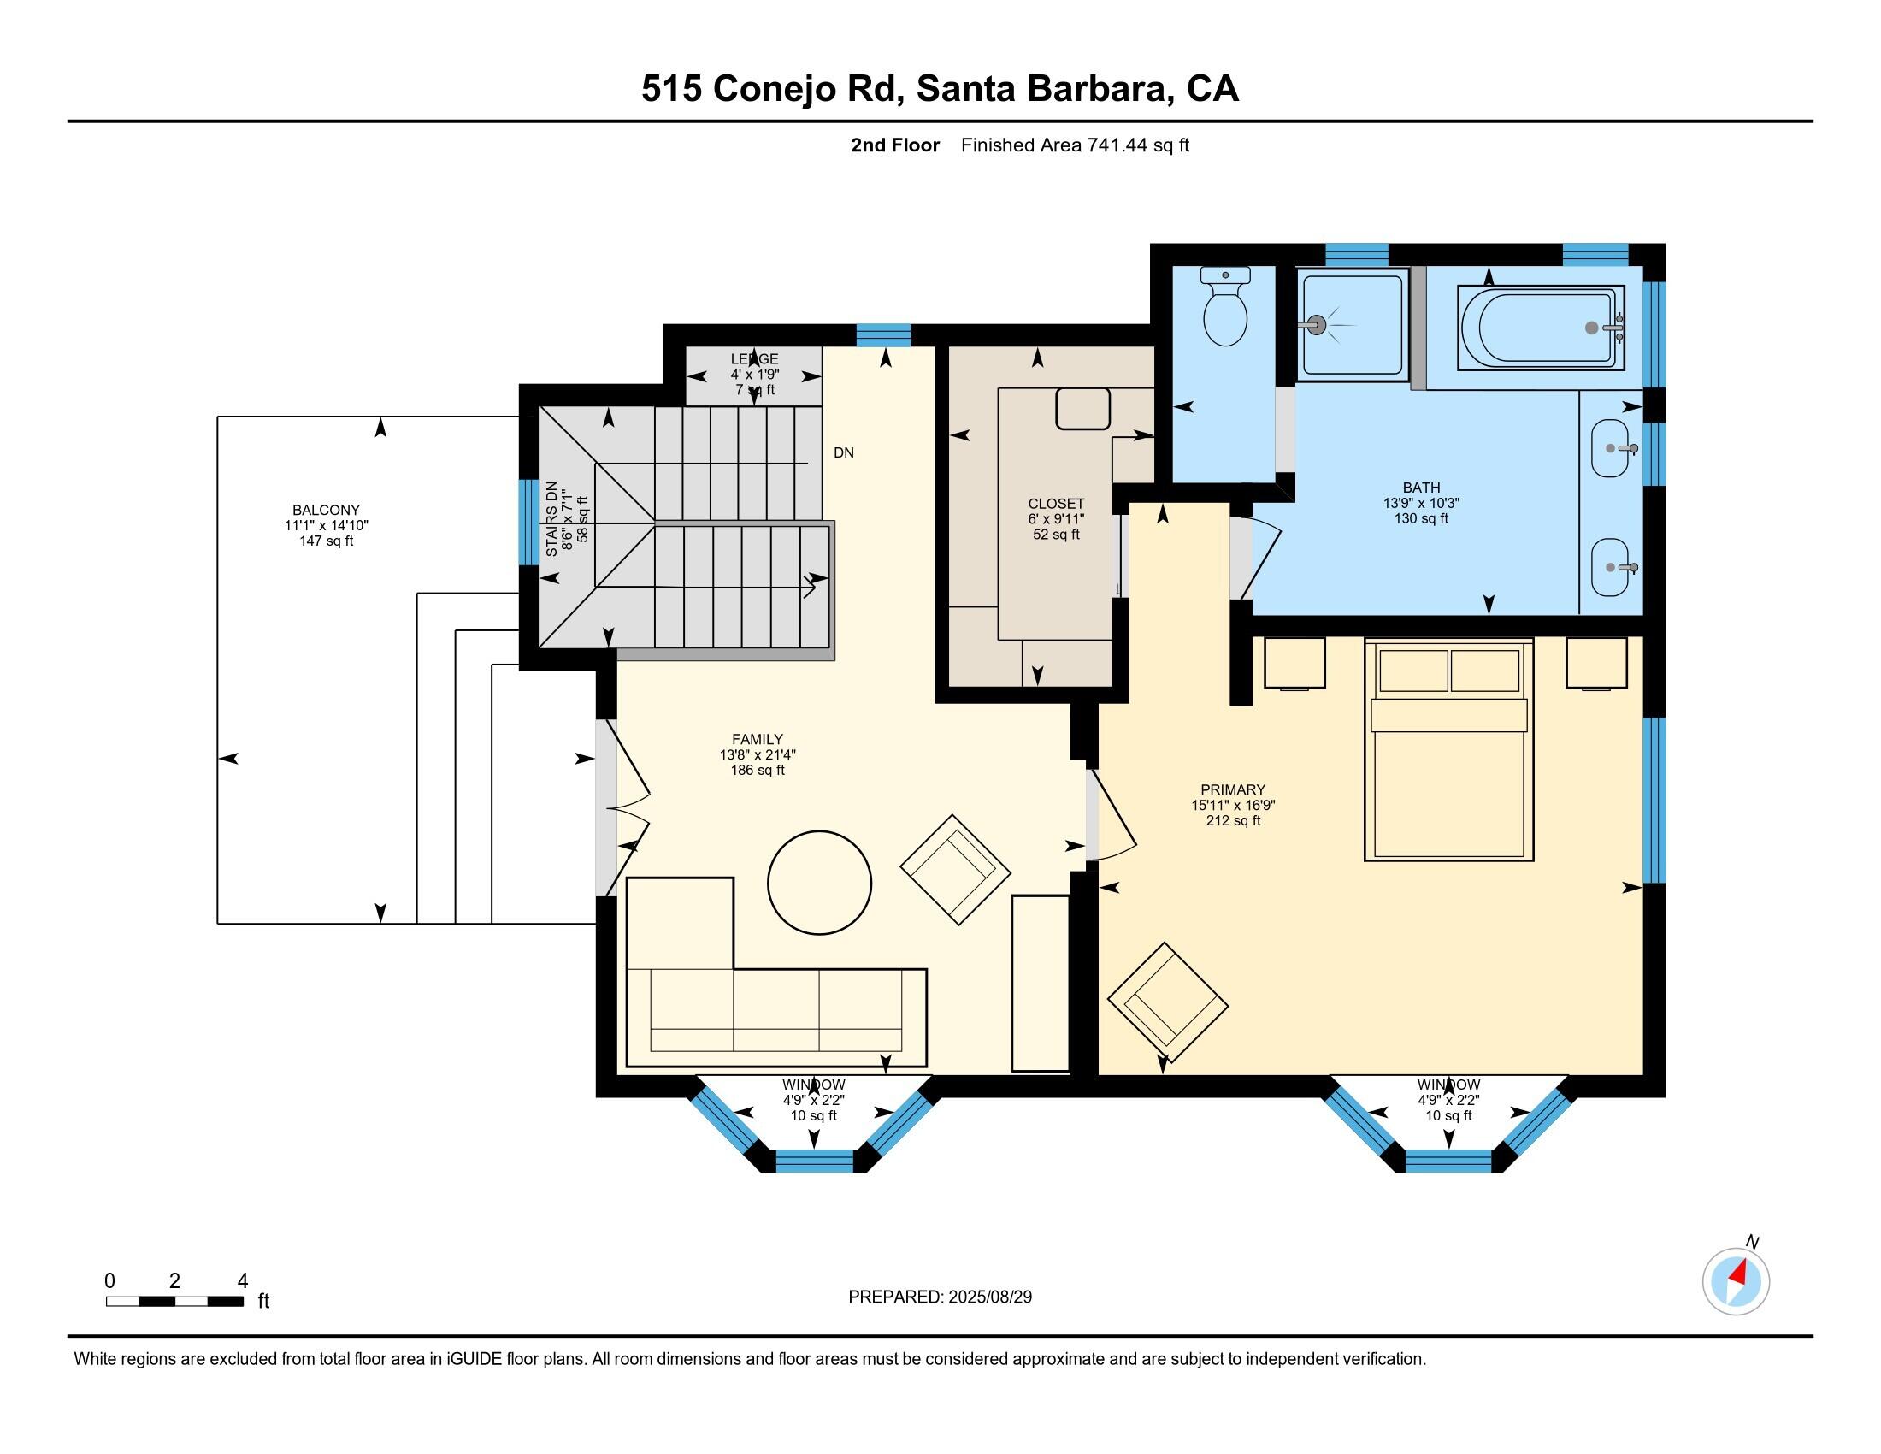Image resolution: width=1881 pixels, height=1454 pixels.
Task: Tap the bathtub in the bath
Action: pyautogui.click(x=1540, y=328)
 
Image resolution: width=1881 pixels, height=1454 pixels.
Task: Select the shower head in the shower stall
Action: pyautogui.click(x=1316, y=325)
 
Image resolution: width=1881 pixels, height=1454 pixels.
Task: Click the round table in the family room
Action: pyautogui.click(x=819, y=882)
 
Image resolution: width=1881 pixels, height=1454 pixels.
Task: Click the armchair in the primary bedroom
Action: pyautogui.click(x=1167, y=1002)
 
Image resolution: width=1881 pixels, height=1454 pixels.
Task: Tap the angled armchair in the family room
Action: pyautogui.click(x=955, y=869)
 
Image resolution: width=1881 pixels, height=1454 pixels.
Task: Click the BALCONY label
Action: pyautogui.click(x=326, y=510)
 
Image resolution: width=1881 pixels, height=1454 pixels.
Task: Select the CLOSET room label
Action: pyautogui.click(x=1056, y=504)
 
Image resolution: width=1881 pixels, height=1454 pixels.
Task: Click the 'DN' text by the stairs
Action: pyautogui.click(x=843, y=453)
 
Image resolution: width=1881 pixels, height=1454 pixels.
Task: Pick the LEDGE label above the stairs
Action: pyautogui.click(x=754, y=359)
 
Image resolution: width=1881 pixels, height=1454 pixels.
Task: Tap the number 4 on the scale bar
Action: pyautogui.click(x=243, y=1281)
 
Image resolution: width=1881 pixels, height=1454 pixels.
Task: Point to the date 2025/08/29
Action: pyautogui.click(x=989, y=1297)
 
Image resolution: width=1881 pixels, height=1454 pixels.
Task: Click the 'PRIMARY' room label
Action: pyautogui.click(x=1232, y=790)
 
